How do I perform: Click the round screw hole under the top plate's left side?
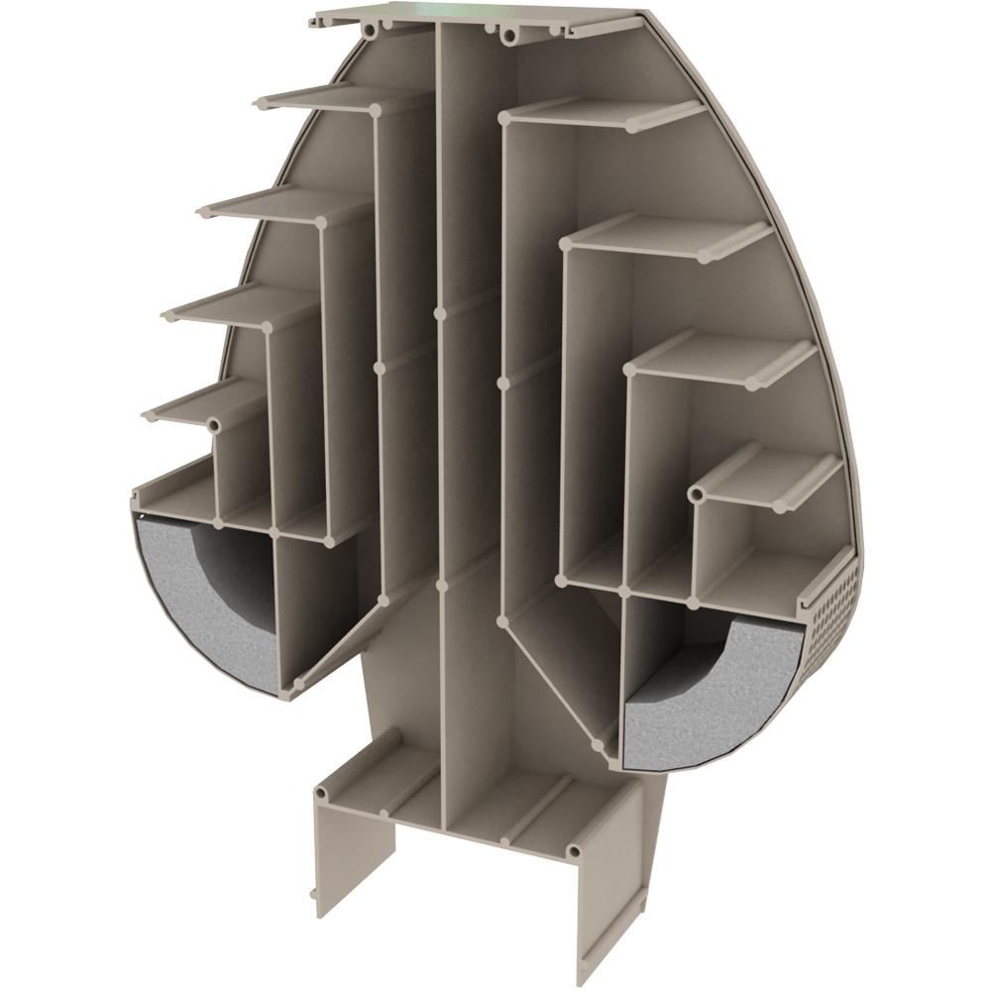tap(370, 32)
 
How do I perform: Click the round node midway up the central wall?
tap(439, 313)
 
